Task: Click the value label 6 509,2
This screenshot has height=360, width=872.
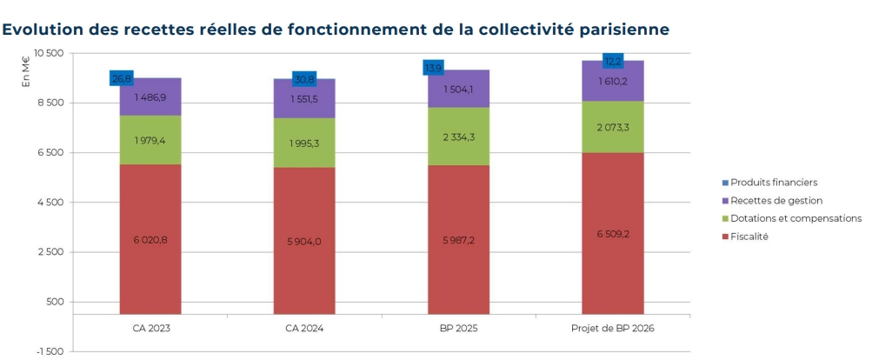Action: click(x=613, y=234)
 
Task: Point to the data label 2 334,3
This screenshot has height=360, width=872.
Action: click(x=458, y=137)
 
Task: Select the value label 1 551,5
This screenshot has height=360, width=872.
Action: click(x=304, y=99)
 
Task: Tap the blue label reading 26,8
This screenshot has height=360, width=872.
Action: click(x=122, y=78)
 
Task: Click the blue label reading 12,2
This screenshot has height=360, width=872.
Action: click(x=614, y=61)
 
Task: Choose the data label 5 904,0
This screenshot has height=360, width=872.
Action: click(x=304, y=241)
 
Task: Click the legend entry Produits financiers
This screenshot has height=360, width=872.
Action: click(x=774, y=183)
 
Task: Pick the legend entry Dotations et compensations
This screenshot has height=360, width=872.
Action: click(x=795, y=218)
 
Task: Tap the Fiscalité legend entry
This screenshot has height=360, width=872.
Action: click(x=749, y=237)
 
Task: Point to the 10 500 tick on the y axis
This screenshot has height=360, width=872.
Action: click(x=52, y=54)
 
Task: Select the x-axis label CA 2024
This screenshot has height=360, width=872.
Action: click(x=304, y=328)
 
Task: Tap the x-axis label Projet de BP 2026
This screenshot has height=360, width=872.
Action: click(x=613, y=328)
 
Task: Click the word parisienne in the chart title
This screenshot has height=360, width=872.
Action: click(x=622, y=29)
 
